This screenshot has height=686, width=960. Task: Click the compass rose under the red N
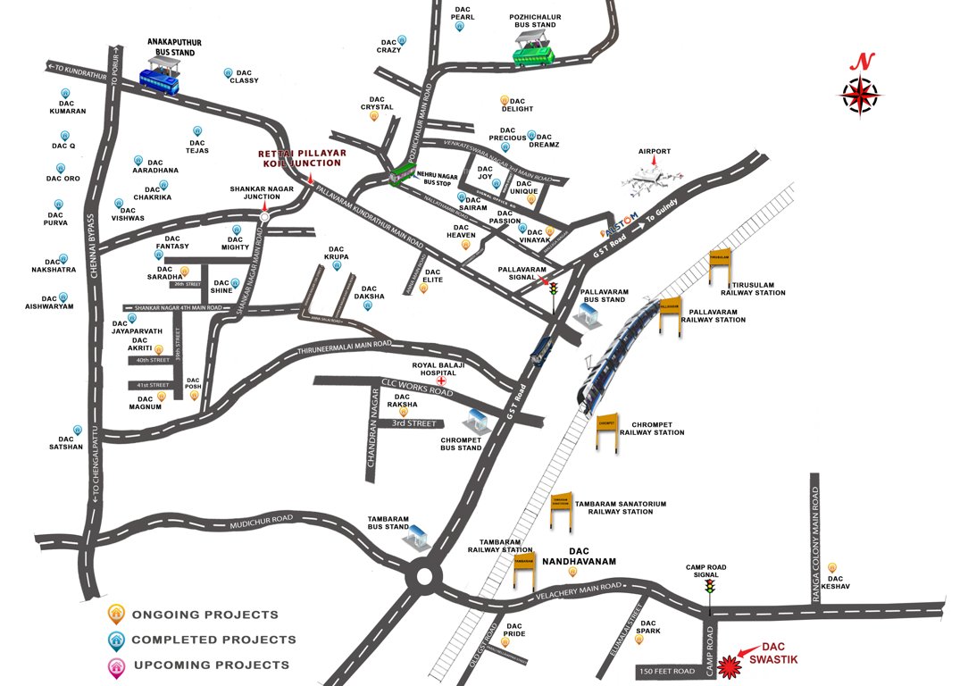(x=859, y=94)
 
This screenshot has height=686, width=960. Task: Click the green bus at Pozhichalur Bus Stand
(x=533, y=54)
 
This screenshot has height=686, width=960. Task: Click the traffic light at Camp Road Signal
(x=710, y=587)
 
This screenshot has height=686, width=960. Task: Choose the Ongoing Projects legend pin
(x=116, y=614)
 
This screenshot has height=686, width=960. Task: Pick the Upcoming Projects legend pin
(x=116, y=664)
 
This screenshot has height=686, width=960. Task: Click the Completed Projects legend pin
(x=116, y=639)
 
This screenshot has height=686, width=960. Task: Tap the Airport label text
(x=654, y=152)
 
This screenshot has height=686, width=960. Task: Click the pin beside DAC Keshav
(x=832, y=567)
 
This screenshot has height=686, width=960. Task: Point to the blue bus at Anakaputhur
(x=158, y=83)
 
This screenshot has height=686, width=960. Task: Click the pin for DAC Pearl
(x=460, y=28)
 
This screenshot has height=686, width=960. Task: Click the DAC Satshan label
(x=65, y=443)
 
